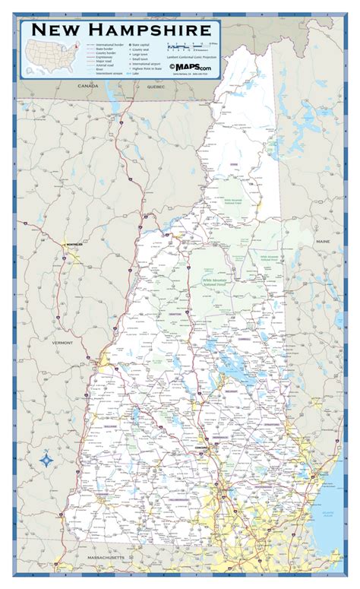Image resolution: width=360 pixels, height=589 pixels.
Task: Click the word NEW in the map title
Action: [57, 30]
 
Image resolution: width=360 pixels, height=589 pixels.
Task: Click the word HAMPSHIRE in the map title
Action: [149, 30]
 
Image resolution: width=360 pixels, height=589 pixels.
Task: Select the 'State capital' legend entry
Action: [137, 45]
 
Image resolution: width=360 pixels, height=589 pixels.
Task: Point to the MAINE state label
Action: [324, 241]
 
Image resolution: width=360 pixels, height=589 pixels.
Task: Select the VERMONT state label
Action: [62, 343]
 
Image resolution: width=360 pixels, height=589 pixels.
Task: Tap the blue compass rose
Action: [46, 460]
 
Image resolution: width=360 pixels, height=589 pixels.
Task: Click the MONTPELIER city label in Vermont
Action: [73, 244]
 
